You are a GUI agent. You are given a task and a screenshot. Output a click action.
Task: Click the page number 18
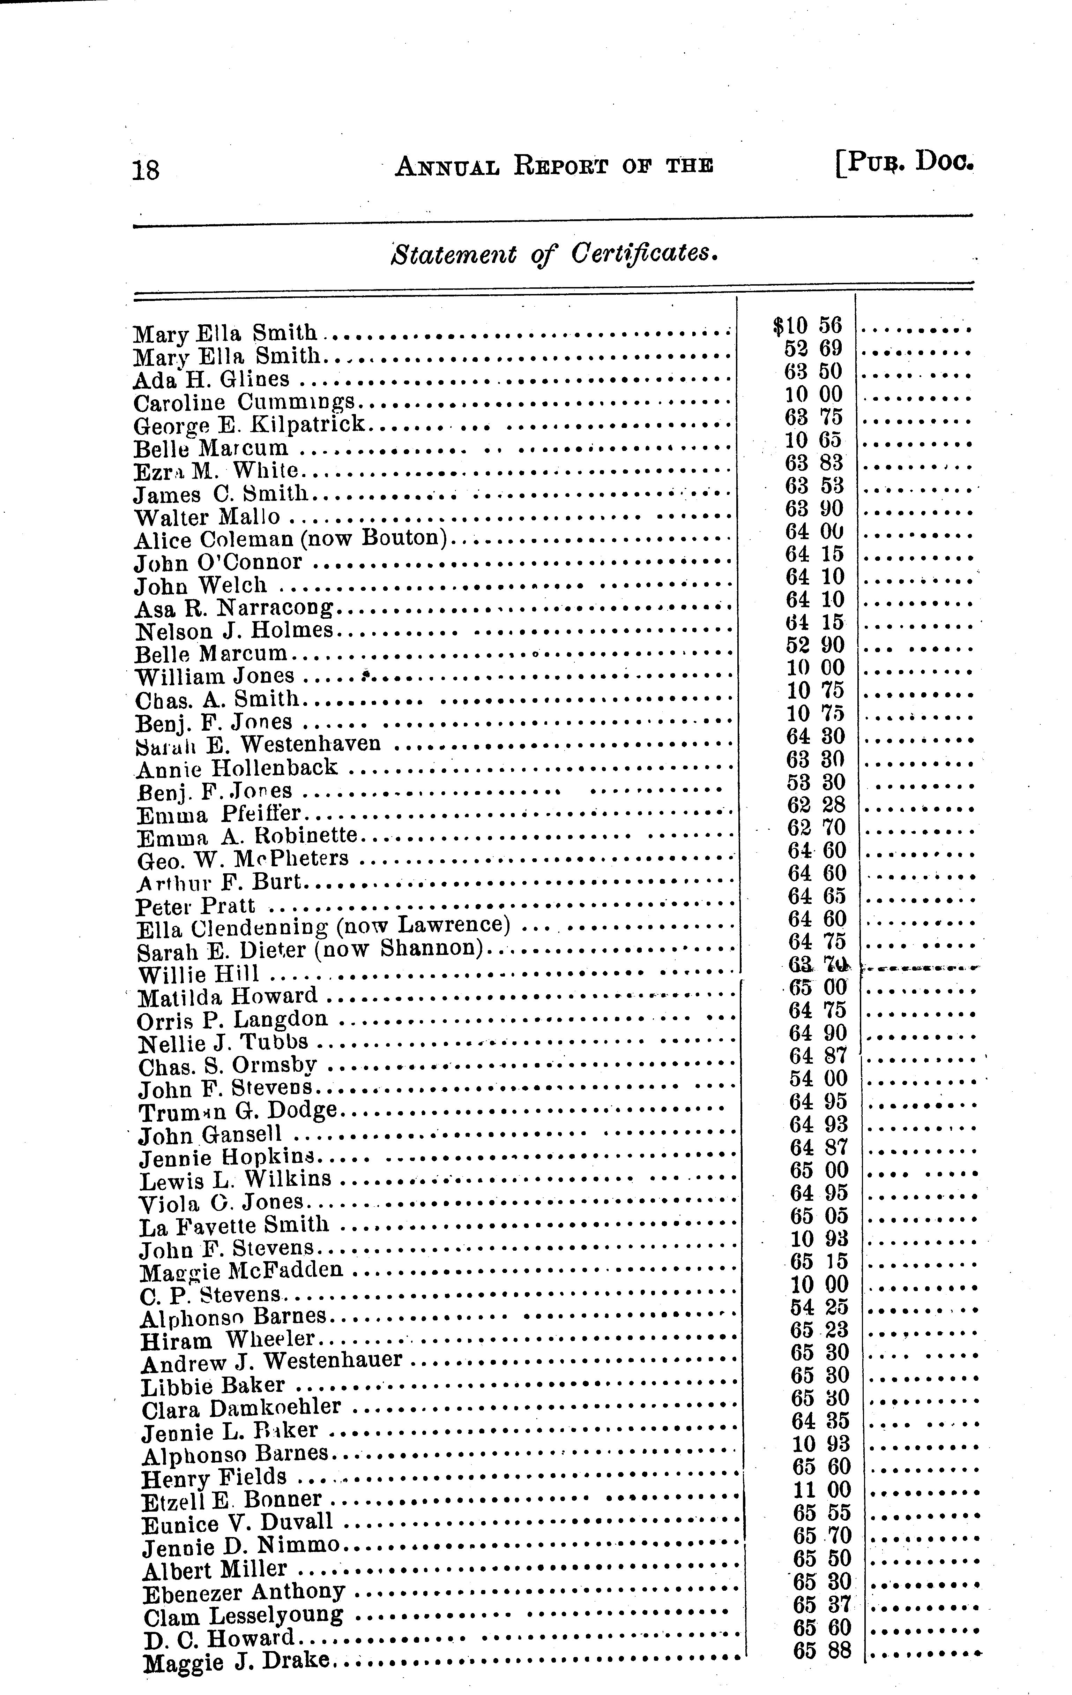click(x=146, y=170)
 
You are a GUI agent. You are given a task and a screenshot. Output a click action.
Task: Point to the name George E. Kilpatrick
click(x=250, y=424)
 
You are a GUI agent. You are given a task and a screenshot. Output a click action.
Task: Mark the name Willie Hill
click(x=199, y=975)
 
